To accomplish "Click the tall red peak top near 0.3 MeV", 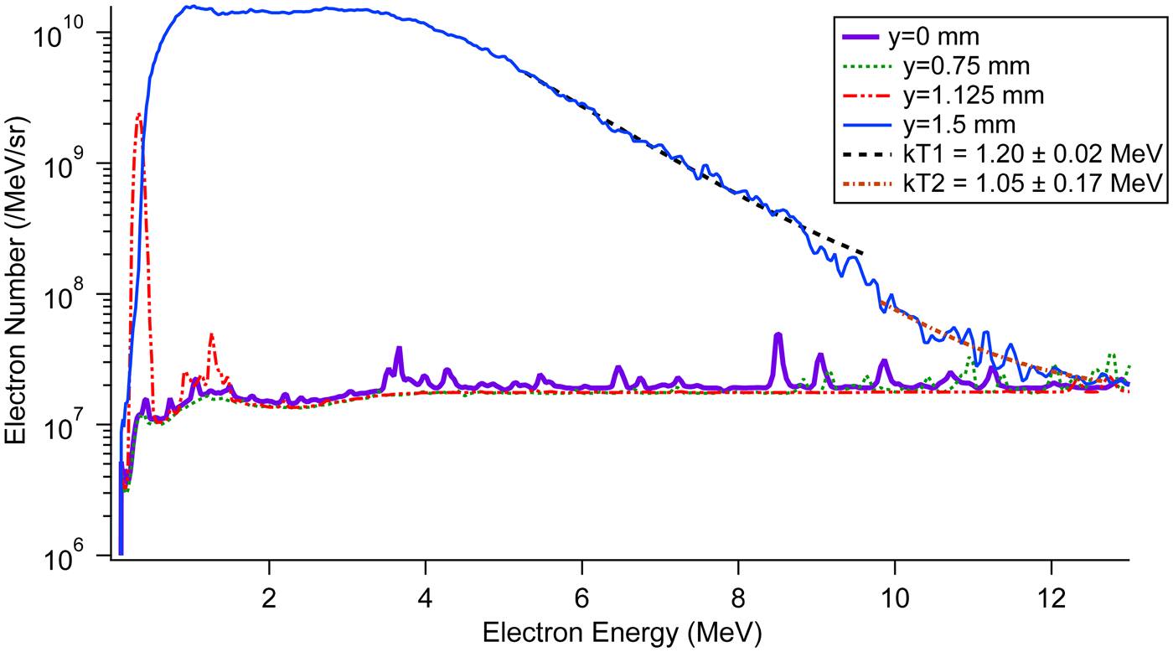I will tap(139, 113).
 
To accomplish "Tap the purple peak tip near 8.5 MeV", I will tap(778, 334).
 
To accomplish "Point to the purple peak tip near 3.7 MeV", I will tap(399, 348).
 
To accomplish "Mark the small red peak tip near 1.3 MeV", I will tap(212, 334).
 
